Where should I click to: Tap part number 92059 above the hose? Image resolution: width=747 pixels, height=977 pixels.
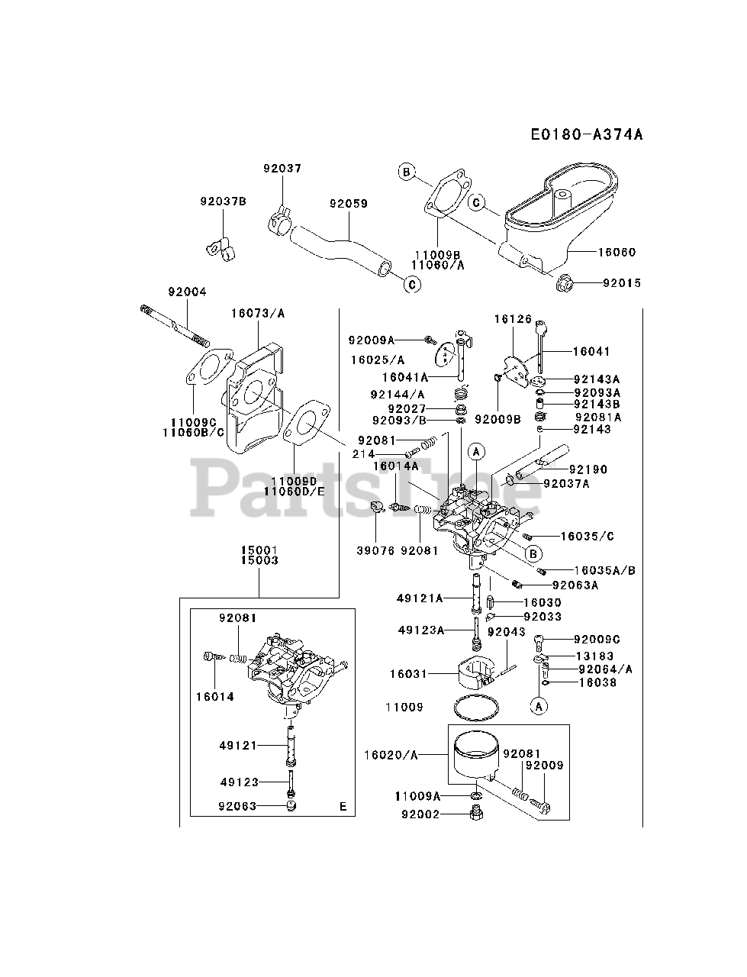pyautogui.click(x=349, y=204)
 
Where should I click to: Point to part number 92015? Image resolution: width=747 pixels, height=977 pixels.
pyautogui.click(x=622, y=283)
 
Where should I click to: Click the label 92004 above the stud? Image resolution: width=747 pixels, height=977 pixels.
pyautogui.click(x=187, y=292)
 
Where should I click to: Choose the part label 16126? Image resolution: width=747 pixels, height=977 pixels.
pyautogui.click(x=512, y=320)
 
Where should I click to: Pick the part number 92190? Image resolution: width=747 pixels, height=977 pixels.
pyautogui.click(x=588, y=469)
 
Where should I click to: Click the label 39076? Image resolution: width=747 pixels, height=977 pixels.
pyautogui.click(x=375, y=550)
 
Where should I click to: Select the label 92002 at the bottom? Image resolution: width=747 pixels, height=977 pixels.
pyautogui.click(x=420, y=814)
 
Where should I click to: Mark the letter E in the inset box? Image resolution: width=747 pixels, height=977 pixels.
pyautogui.click(x=343, y=806)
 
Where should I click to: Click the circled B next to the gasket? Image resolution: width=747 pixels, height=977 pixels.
pyautogui.click(x=407, y=173)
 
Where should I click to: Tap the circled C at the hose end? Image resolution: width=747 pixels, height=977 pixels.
pyautogui.click(x=412, y=285)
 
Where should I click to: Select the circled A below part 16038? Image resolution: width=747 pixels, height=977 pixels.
pyautogui.click(x=539, y=706)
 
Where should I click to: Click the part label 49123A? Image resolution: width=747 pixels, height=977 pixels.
pyautogui.click(x=420, y=630)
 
